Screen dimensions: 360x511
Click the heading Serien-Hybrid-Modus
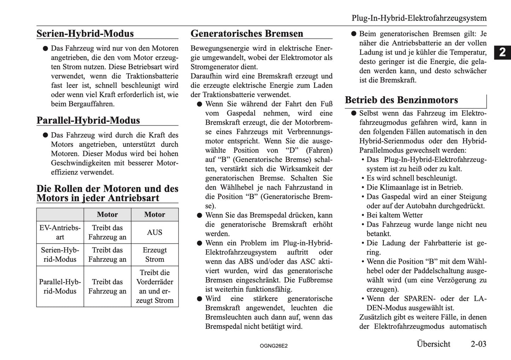tap(85, 34)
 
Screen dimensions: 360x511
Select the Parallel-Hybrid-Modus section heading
tap(88, 120)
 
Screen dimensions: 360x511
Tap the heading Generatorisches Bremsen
tap(246, 34)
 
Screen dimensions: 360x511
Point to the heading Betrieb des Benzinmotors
tap(401, 100)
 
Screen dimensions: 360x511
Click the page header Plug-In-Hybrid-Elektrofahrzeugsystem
tap(419, 18)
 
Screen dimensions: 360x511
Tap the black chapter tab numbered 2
tap(502, 53)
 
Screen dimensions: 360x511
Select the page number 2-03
tap(478, 344)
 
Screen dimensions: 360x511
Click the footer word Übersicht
tap(433, 344)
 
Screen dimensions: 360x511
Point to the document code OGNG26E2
tap(273, 346)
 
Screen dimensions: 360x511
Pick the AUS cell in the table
tap(155, 232)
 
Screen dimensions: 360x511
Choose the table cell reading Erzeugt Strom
tap(155, 255)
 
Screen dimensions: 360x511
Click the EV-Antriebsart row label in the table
tap(60, 232)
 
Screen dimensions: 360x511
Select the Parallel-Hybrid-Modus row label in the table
tap(60, 286)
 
